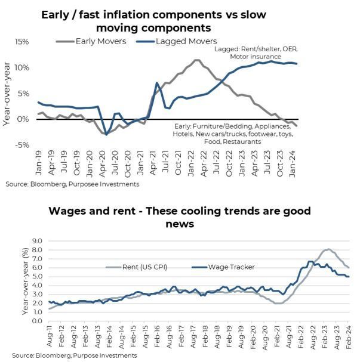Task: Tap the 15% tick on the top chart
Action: coord(22,42)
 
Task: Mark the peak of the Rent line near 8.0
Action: coord(328,249)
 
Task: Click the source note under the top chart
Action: coord(72,184)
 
